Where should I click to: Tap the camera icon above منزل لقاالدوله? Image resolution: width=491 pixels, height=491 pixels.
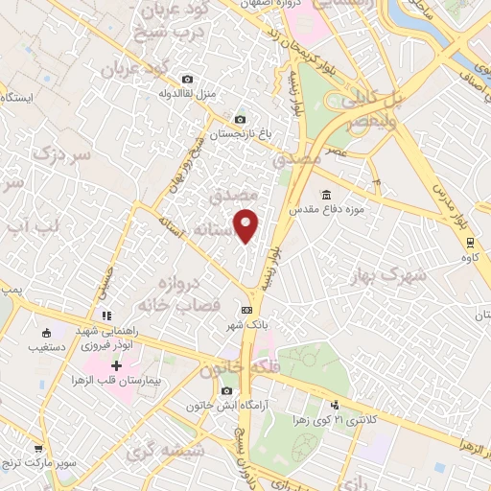187,79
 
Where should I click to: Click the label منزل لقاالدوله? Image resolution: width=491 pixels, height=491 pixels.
190,94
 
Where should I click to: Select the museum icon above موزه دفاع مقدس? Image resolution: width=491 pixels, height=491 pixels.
328,194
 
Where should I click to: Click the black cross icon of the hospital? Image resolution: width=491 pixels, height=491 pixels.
117,365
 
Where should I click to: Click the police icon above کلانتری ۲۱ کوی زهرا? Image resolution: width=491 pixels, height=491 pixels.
334,405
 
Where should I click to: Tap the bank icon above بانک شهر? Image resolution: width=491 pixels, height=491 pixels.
247,310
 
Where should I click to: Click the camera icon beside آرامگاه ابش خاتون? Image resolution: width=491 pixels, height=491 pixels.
226,391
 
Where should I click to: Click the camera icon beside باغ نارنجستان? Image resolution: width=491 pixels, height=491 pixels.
240,118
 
